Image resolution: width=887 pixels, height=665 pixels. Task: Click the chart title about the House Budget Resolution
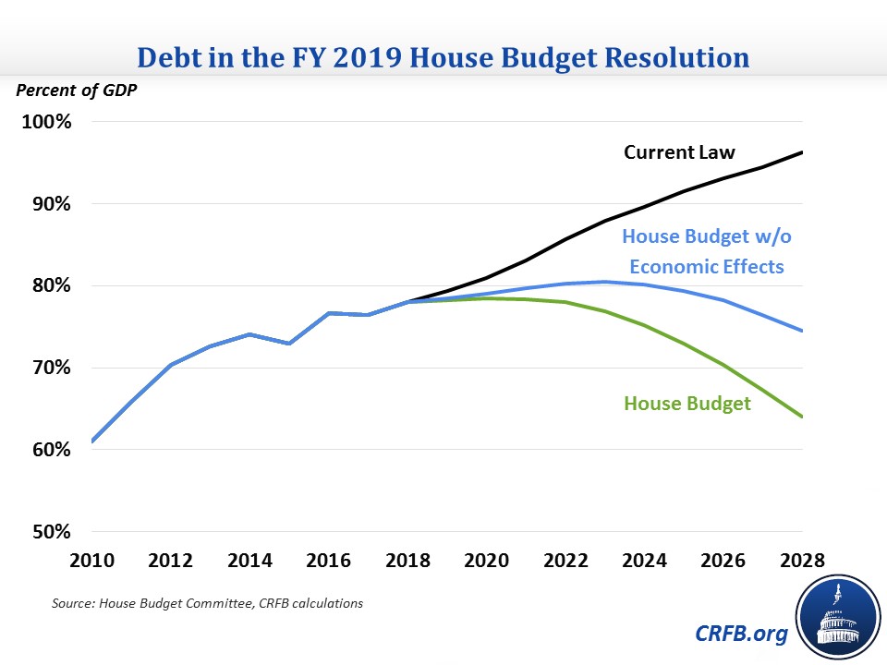point(443,58)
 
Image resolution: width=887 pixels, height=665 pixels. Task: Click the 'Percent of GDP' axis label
point(66,91)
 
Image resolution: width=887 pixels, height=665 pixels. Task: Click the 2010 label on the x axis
point(92,562)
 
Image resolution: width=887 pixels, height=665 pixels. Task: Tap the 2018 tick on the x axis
point(407,562)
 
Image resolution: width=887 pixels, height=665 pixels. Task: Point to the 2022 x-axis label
point(565,562)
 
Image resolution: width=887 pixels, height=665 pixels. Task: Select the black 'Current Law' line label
point(679,152)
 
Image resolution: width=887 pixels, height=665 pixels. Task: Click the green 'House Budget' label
point(687,404)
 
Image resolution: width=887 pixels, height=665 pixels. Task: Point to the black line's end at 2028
point(801,152)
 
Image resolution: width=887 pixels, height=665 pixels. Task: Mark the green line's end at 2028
point(801,417)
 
